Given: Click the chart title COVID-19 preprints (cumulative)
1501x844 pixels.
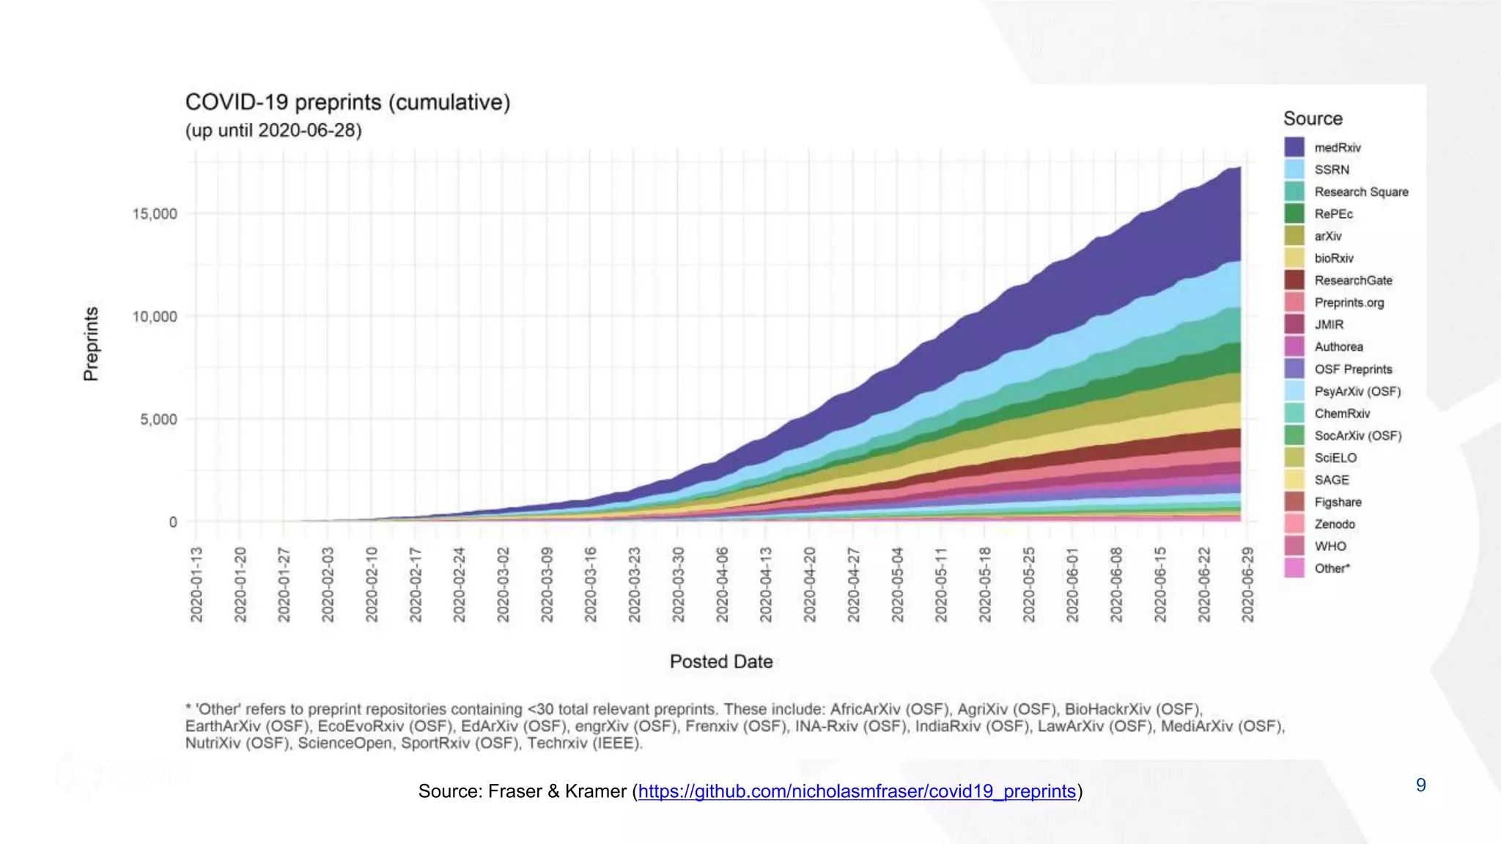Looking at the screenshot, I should (347, 103).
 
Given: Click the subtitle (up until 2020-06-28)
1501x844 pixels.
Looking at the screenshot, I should (273, 131).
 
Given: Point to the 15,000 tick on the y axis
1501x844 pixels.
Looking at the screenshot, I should (155, 214).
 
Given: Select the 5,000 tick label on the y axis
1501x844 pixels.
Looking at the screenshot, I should (158, 420).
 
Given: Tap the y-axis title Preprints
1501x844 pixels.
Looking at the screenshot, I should (91, 344).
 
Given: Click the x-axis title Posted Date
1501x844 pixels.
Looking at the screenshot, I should (721, 662).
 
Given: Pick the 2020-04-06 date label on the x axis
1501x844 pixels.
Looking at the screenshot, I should (723, 585).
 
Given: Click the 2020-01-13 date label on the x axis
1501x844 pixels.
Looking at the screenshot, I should (196, 585).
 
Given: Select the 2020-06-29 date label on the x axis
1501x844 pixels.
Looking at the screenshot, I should (1248, 585).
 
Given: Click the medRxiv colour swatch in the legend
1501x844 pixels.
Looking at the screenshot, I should (1294, 147).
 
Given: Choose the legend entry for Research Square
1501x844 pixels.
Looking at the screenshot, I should (1361, 192).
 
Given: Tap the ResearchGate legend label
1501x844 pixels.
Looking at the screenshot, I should (1353, 281).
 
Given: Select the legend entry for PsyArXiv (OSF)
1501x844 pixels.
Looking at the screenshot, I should (1357, 391).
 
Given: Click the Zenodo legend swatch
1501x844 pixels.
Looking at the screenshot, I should (1294, 524).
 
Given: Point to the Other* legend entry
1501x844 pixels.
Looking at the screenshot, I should (1332, 569).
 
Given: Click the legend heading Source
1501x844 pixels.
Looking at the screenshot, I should (1313, 119).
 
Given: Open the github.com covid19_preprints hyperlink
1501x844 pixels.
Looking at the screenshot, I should (857, 791).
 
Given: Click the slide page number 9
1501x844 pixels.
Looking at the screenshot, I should (1420, 785).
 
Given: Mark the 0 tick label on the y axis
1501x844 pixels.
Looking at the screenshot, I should (173, 522).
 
